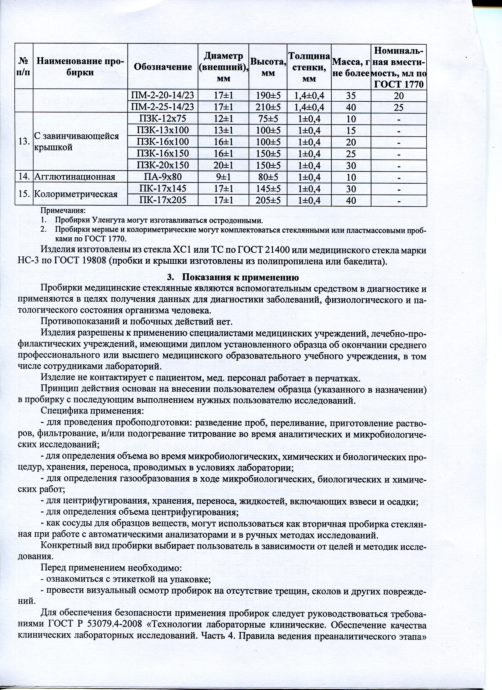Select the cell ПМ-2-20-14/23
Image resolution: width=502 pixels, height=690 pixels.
coord(162,96)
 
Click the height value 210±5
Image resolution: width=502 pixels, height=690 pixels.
coord(268,107)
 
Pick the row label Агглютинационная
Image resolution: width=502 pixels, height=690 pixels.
coord(75,177)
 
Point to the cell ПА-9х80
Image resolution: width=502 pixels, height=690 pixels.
coord(162,177)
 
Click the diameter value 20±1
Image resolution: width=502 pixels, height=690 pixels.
coord(223,165)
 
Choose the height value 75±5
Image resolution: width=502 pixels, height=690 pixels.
coord(268,119)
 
